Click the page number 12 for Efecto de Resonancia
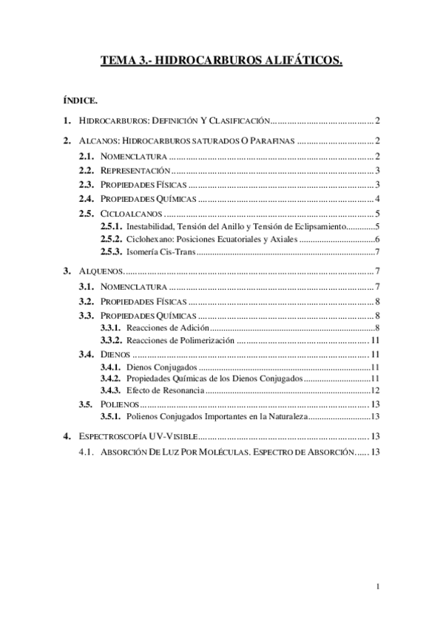tap(375, 390)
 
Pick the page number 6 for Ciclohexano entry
tap(377, 240)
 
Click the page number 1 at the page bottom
tap(377, 588)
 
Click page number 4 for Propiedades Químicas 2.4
tap(377, 199)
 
